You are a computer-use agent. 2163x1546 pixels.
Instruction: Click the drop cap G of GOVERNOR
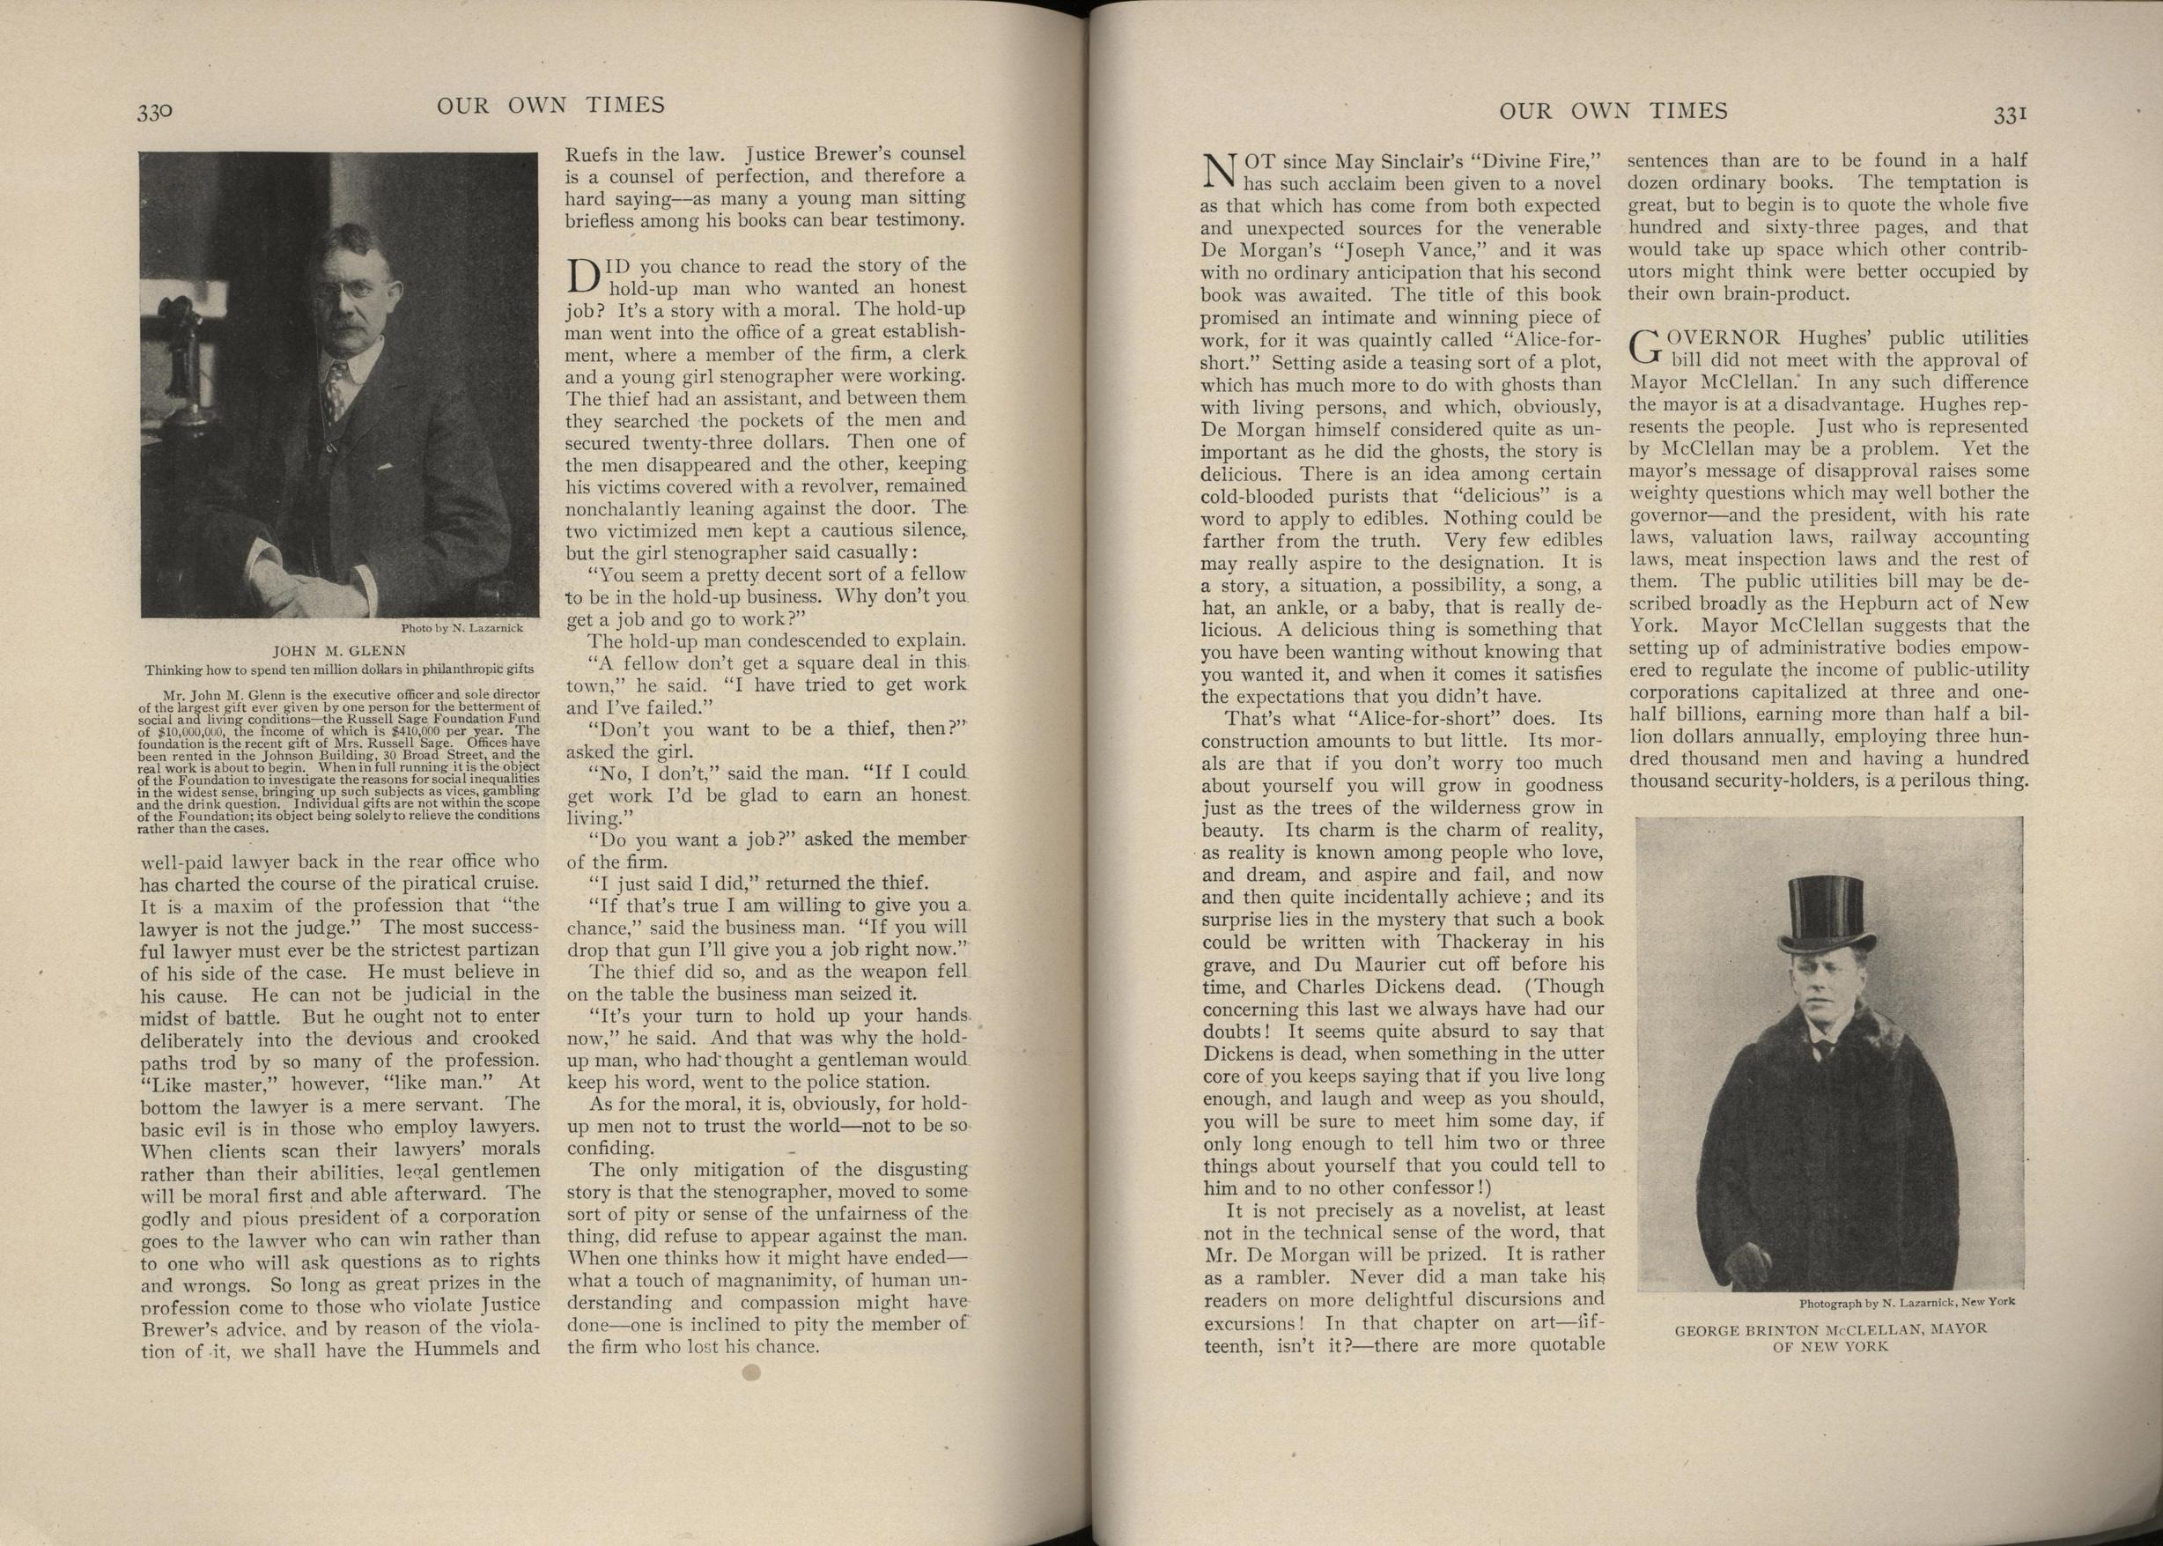tap(1644, 347)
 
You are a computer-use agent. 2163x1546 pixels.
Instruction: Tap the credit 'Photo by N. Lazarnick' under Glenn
tap(461, 628)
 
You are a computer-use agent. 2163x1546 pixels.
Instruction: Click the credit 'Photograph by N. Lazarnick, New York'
tap(1906, 1302)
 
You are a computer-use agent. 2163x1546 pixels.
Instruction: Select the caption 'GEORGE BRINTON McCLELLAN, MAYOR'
tap(1830, 1328)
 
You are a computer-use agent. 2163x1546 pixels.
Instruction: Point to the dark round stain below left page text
tap(751, 1372)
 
